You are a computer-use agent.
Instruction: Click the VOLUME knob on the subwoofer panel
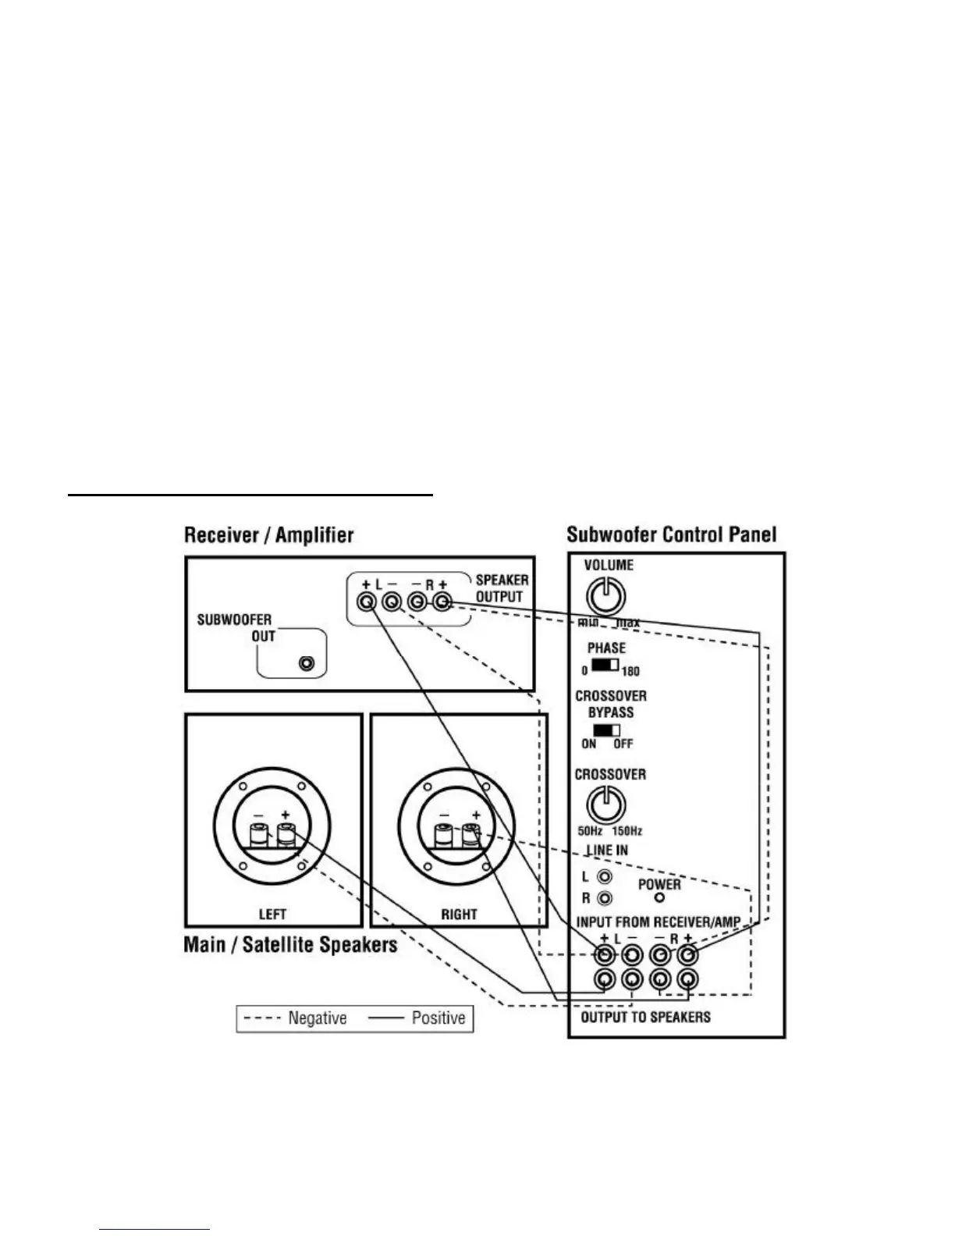tap(605, 598)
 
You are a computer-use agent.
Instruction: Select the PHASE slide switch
tap(605, 666)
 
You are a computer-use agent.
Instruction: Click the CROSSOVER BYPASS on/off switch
tap(605, 730)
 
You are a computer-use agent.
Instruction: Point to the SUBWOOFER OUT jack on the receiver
tap(307, 665)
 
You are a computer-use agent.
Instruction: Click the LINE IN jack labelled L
tap(604, 878)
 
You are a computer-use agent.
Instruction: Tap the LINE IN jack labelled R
tap(604, 899)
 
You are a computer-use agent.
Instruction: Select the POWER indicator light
tap(659, 897)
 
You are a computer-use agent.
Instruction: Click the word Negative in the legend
tap(317, 1018)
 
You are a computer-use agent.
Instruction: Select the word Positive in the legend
tap(438, 1018)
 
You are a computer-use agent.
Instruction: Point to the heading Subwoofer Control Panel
tap(671, 535)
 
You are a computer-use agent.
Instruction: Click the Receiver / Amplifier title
tap(268, 535)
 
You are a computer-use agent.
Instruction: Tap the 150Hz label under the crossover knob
tap(627, 832)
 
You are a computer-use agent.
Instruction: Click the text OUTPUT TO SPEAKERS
tap(645, 1017)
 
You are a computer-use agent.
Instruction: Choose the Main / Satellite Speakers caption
tap(290, 945)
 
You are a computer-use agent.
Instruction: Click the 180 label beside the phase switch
tap(630, 671)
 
